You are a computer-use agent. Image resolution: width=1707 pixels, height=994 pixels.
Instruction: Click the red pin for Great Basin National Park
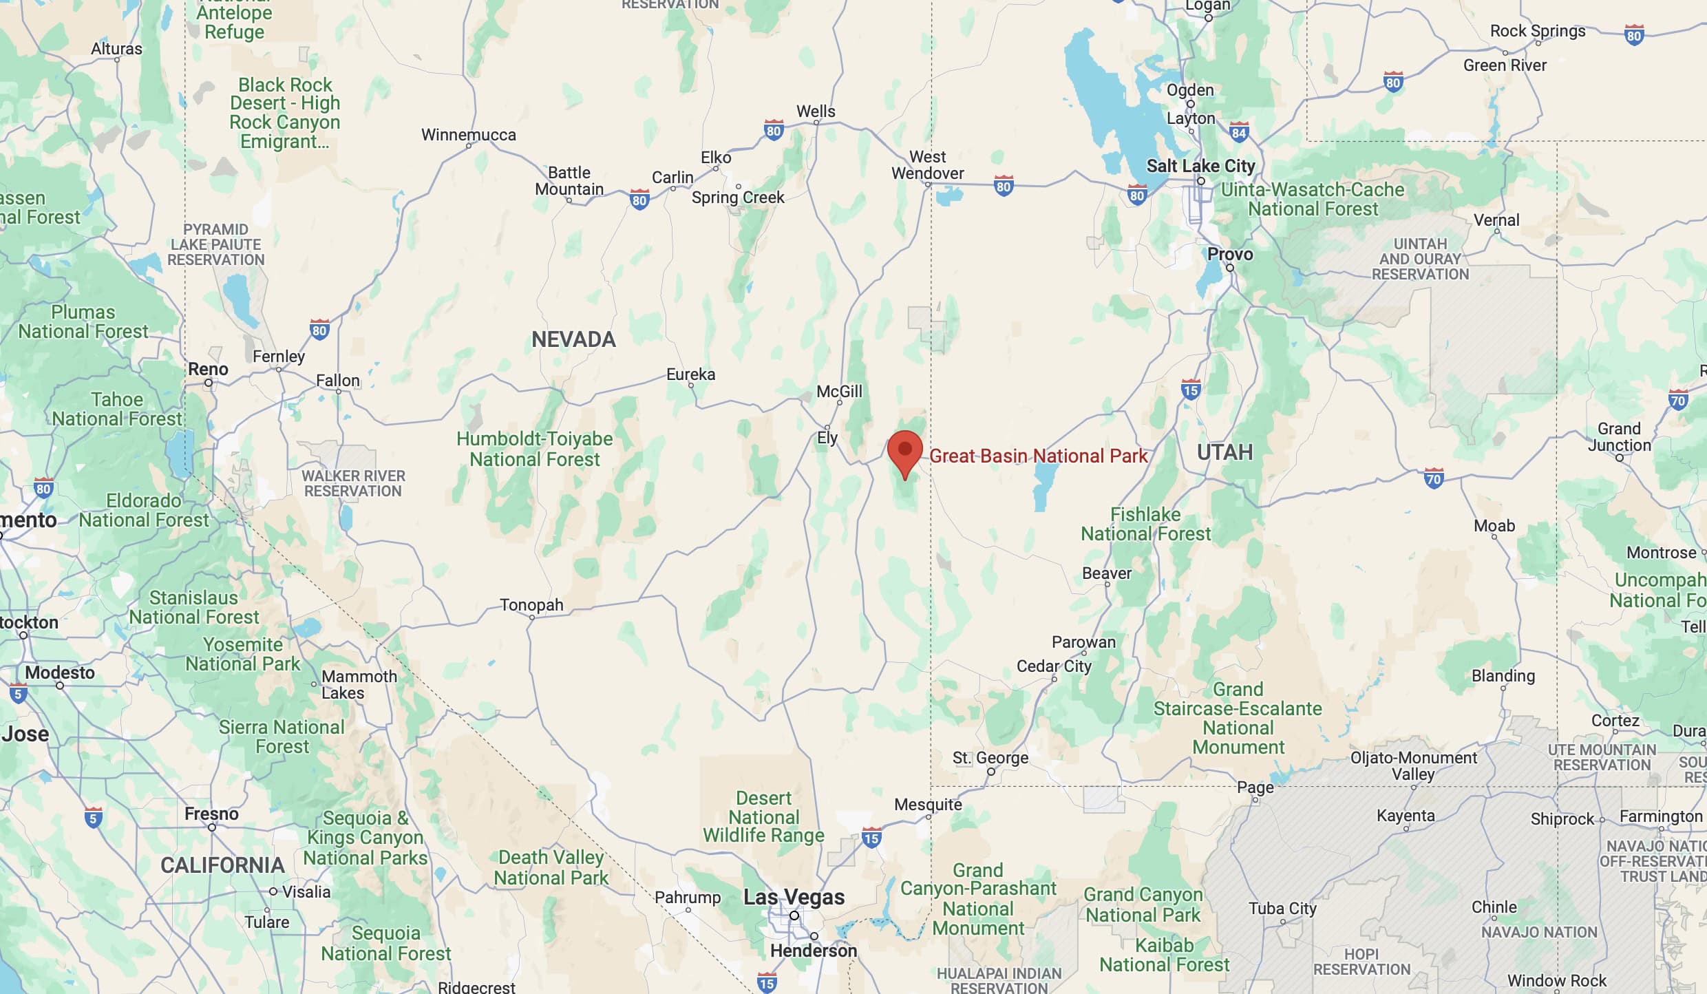[904, 452]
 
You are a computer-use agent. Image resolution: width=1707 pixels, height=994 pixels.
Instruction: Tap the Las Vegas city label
[794, 897]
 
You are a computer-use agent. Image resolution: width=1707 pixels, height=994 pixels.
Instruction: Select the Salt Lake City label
[1200, 166]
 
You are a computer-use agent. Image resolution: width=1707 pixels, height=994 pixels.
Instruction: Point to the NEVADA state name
[573, 339]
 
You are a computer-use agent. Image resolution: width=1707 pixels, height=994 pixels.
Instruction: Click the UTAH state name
[1224, 452]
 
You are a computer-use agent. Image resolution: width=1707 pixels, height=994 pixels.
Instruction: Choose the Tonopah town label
[531, 605]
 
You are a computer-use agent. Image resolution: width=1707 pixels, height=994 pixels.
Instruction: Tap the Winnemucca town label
[469, 135]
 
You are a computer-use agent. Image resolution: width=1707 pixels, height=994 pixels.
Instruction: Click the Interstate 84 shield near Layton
[1239, 132]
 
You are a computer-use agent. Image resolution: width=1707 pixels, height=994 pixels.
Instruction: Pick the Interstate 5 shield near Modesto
[19, 693]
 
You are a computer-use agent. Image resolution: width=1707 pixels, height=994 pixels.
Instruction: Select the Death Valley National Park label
[551, 867]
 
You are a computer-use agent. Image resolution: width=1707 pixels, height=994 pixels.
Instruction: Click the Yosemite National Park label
[243, 654]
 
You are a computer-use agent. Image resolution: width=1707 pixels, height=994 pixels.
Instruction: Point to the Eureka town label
[690, 374]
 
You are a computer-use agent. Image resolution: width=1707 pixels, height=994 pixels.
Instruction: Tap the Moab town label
[1494, 526]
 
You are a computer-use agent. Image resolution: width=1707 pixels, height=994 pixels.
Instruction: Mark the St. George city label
[990, 758]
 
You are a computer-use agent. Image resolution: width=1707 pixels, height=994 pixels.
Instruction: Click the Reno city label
[208, 370]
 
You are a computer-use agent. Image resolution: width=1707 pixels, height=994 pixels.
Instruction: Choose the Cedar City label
[1054, 666]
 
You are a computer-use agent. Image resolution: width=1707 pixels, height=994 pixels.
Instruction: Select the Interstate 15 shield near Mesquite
[871, 838]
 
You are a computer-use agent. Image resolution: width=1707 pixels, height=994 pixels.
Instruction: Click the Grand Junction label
[1619, 436]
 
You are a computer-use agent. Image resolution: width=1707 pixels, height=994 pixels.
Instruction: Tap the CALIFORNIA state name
[222, 865]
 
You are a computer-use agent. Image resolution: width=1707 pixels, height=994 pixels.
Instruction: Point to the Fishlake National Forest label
[1145, 524]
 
